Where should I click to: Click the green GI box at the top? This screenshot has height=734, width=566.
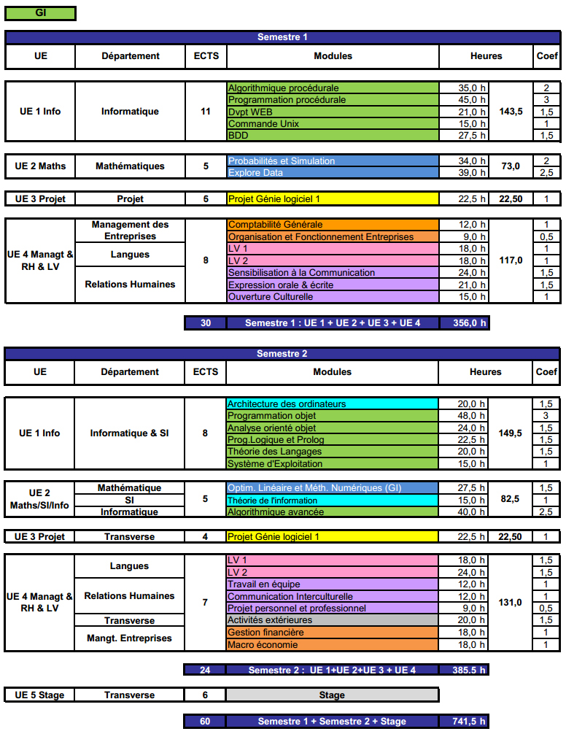(x=40, y=13)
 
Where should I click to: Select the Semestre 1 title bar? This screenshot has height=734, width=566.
(x=282, y=37)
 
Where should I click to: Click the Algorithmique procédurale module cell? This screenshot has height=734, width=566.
(x=333, y=88)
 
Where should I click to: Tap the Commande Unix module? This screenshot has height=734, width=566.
(x=333, y=123)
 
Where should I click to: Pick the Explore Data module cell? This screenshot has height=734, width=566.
(x=333, y=173)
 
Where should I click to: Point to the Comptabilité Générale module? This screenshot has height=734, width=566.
(x=333, y=225)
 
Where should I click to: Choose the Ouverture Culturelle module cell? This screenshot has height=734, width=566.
(x=333, y=296)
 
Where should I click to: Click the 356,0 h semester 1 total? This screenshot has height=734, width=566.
(x=465, y=322)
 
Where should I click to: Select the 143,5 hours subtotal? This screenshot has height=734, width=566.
(x=511, y=112)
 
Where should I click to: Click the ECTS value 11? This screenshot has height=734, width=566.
(x=206, y=112)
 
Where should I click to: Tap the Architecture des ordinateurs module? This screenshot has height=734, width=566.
(x=332, y=403)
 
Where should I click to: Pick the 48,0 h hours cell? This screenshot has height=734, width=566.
(x=465, y=416)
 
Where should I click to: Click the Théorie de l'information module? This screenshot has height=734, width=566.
(x=332, y=500)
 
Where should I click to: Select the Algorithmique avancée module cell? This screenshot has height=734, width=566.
(x=332, y=512)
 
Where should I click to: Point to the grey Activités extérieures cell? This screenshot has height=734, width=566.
(x=332, y=620)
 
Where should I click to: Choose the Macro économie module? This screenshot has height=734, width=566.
(x=332, y=644)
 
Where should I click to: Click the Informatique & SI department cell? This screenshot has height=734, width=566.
(x=129, y=433)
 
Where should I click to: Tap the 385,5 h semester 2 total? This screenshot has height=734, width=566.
(x=465, y=670)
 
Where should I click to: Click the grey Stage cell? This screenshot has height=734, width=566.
(x=332, y=695)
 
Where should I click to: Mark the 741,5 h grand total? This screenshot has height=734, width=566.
(x=465, y=721)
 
